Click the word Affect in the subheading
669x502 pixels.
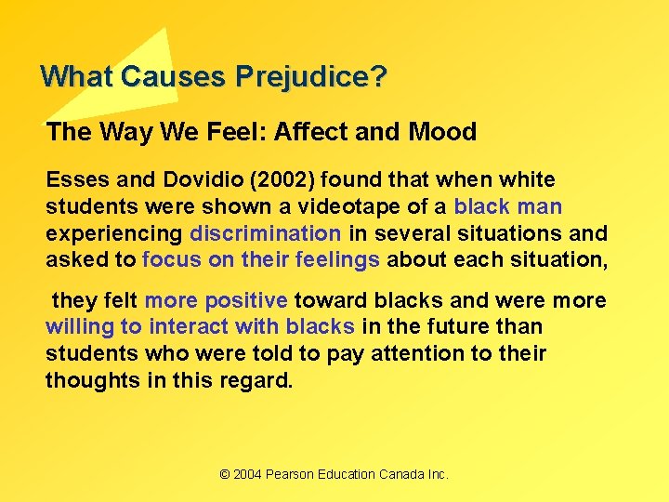[x=310, y=132]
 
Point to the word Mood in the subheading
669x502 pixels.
[x=442, y=132]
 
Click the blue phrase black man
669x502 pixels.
[x=508, y=206]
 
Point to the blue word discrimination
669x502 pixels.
[x=266, y=233]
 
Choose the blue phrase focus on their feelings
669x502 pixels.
[x=261, y=260]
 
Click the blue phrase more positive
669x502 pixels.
[x=216, y=300]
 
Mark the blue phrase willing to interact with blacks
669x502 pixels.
[x=201, y=327]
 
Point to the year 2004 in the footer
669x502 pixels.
[x=247, y=474]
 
